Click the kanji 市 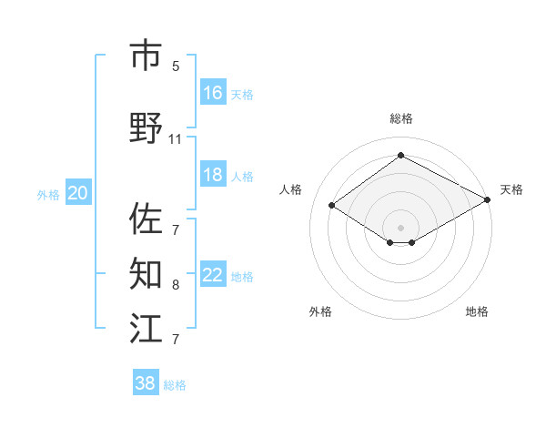[147, 56]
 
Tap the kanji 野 [147, 127]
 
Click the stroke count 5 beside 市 [176, 66]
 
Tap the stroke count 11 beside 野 [176, 139]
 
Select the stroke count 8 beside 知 [176, 285]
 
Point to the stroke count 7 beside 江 [176, 340]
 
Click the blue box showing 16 [213, 92]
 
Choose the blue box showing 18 [213, 175]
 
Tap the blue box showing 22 [213, 275]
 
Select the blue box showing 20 [78, 193]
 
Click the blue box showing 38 [146, 383]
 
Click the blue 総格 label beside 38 [175, 385]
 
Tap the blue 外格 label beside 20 [48, 195]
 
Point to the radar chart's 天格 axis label [511, 189]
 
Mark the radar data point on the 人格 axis [332, 206]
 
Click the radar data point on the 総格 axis [400, 156]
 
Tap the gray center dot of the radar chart [400, 226]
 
